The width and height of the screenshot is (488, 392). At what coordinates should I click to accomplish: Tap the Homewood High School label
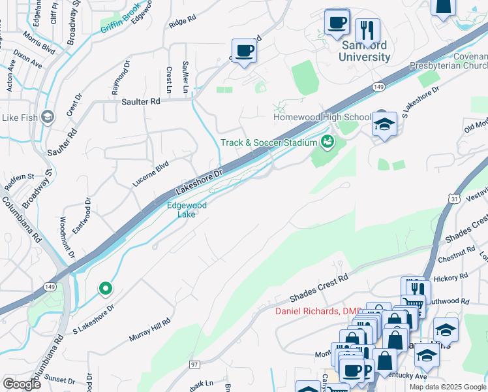[322, 117]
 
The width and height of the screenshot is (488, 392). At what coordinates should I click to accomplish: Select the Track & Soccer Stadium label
[268, 142]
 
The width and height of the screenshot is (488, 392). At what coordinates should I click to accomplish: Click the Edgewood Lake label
[187, 210]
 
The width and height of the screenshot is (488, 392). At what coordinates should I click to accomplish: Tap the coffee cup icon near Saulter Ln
[245, 50]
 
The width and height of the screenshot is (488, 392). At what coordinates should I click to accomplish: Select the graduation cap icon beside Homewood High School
[385, 123]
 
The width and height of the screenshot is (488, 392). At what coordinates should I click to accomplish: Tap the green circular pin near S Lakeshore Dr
[105, 288]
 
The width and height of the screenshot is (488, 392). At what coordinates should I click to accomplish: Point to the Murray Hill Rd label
[149, 329]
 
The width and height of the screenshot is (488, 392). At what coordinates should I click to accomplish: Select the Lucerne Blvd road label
[151, 174]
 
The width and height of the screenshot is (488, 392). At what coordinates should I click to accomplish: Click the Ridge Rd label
[182, 23]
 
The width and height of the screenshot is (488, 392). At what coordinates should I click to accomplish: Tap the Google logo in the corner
[22, 384]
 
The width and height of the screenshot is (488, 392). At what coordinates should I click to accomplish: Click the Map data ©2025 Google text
[447, 387]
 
